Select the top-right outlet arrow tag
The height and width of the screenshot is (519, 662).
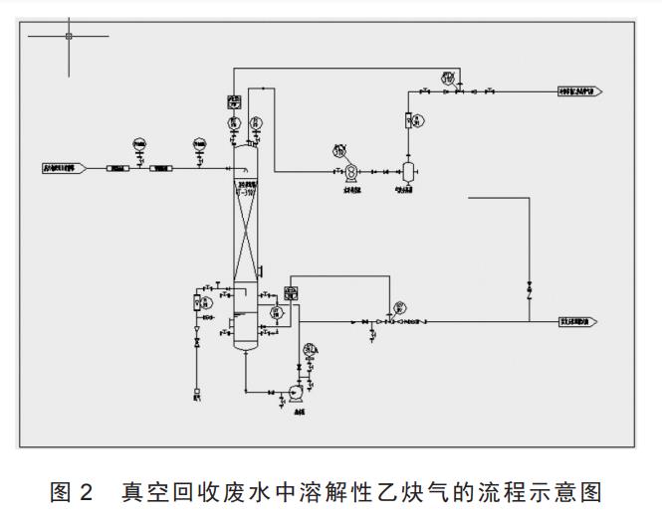(x=578, y=91)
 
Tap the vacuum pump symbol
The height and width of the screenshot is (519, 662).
(x=351, y=170)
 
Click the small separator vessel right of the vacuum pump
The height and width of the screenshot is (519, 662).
(x=407, y=170)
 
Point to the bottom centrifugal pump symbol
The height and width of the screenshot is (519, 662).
(x=297, y=394)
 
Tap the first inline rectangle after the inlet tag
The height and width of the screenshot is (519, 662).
(x=117, y=168)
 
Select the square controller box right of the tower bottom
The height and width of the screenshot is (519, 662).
(x=291, y=292)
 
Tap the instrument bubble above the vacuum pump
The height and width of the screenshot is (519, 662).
(x=339, y=150)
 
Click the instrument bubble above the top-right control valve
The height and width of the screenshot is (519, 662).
(x=449, y=77)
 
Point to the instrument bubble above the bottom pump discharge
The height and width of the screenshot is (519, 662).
(x=311, y=349)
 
